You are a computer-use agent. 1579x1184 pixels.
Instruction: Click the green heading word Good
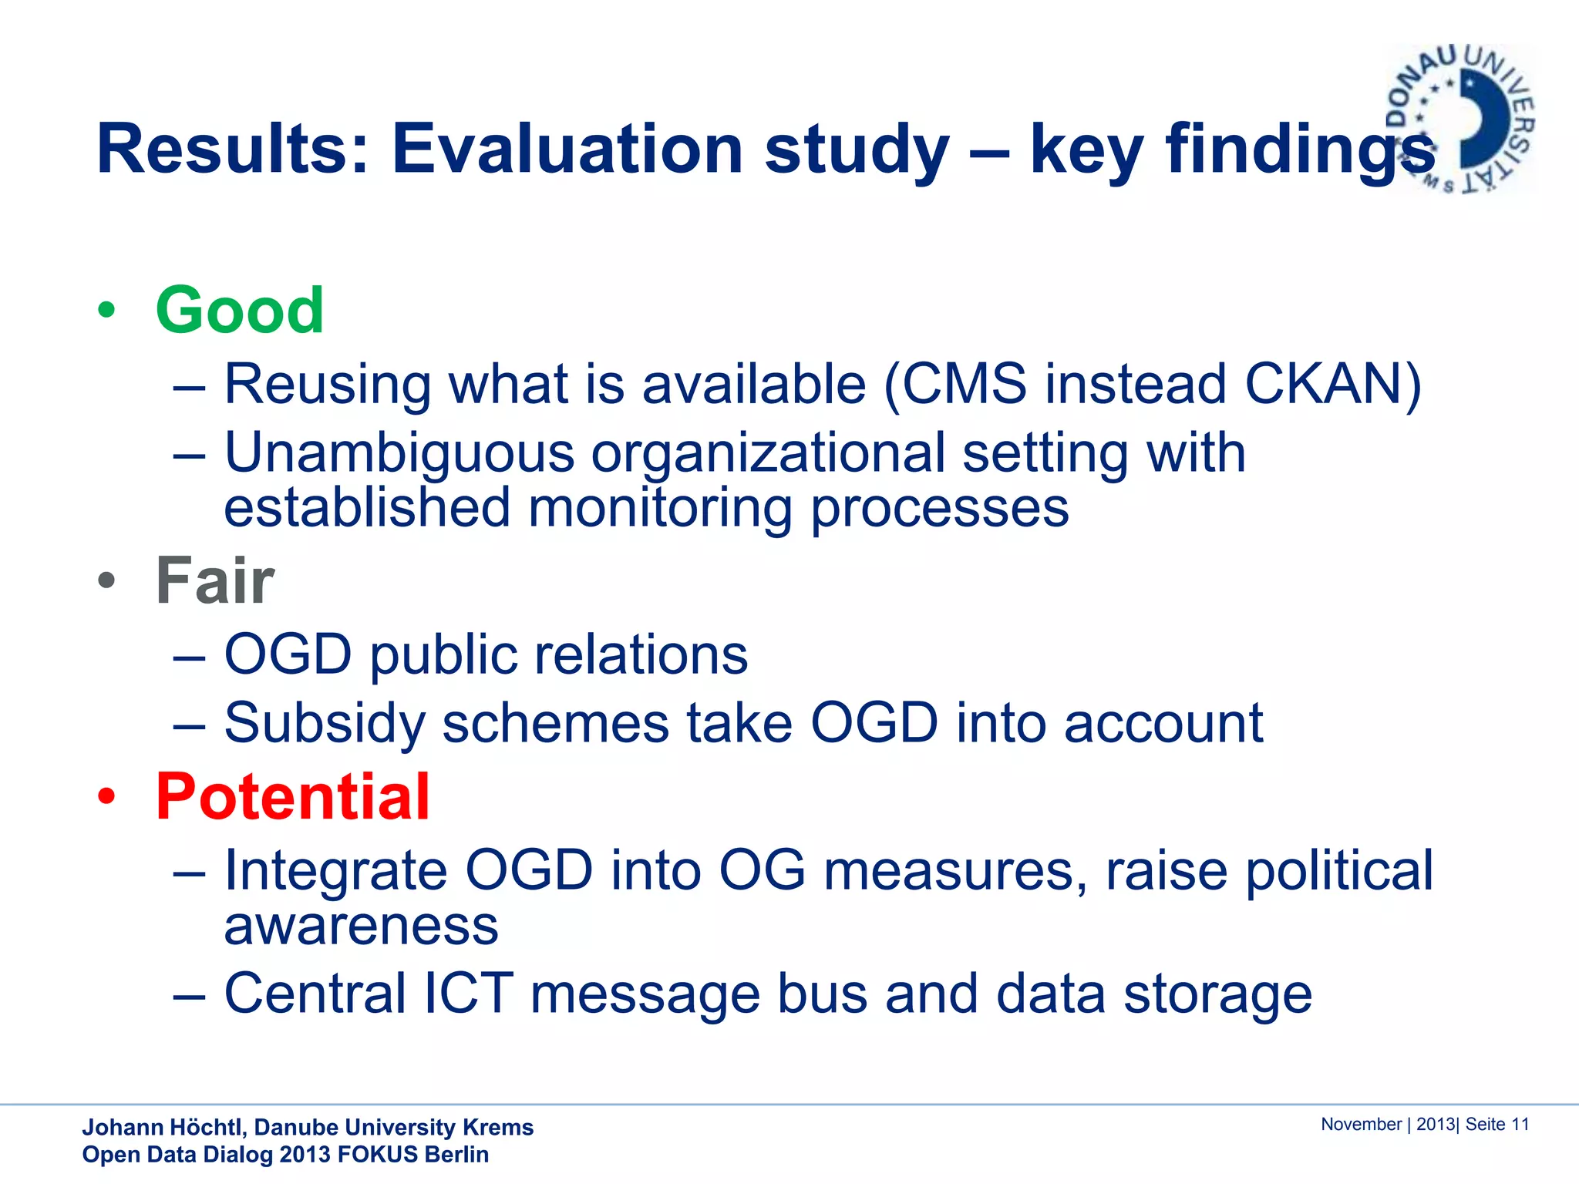pyautogui.click(x=239, y=310)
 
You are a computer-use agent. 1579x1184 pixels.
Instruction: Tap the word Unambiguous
pyautogui.click(x=399, y=452)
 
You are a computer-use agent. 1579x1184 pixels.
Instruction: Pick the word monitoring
pyautogui.click(x=660, y=509)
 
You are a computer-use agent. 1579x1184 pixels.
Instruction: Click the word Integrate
pyautogui.click(x=335, y=871)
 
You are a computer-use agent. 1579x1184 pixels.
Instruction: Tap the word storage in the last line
pyautogui.click(x=1217, y=994)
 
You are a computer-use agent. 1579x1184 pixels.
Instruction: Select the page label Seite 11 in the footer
pyautogui.click(x=1497, y=1124)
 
